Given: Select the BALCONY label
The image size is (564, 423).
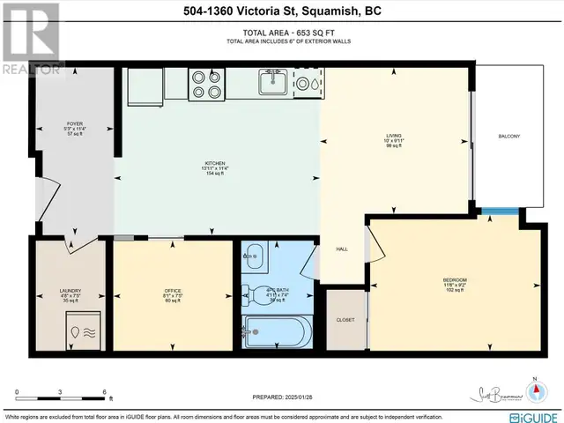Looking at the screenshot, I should (x=509, y=136).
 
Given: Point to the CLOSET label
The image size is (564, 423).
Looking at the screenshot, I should (x=345, y=320).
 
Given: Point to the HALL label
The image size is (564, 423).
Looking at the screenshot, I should (x=342, y=249).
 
